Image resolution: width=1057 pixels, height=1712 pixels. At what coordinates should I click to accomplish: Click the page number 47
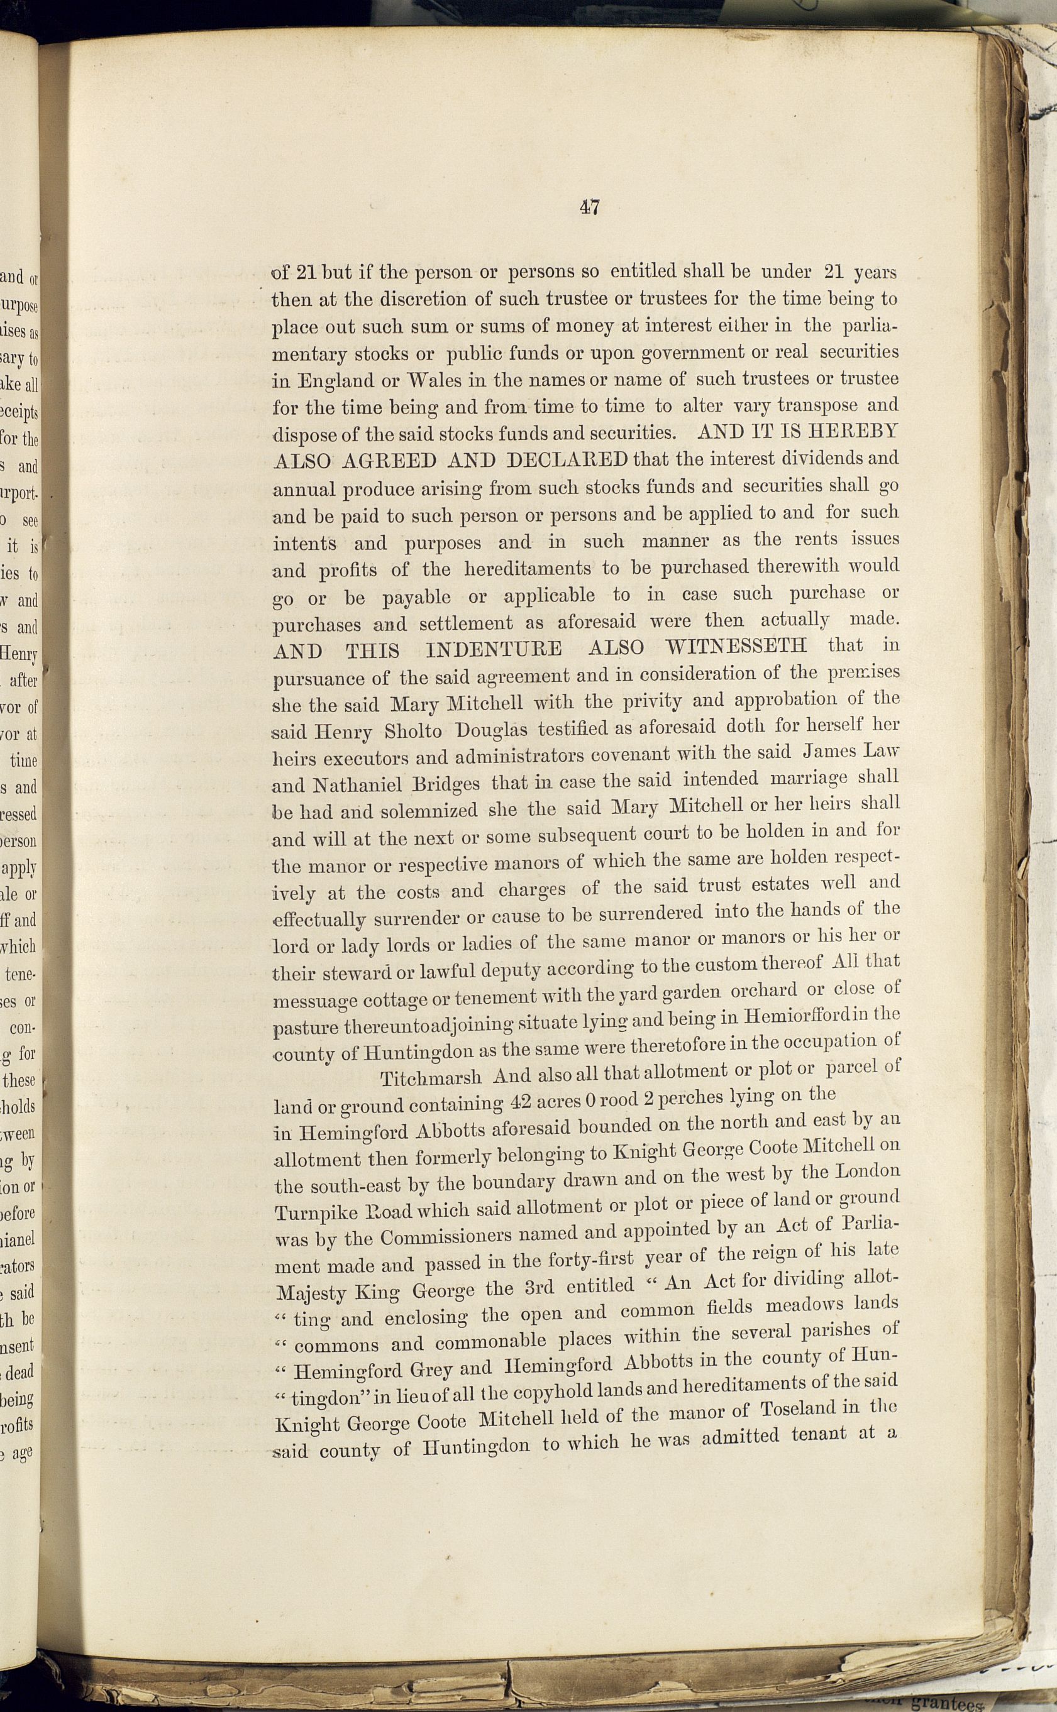pos(589,207)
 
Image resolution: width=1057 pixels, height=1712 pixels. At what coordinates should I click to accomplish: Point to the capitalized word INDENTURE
pos(494,650)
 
